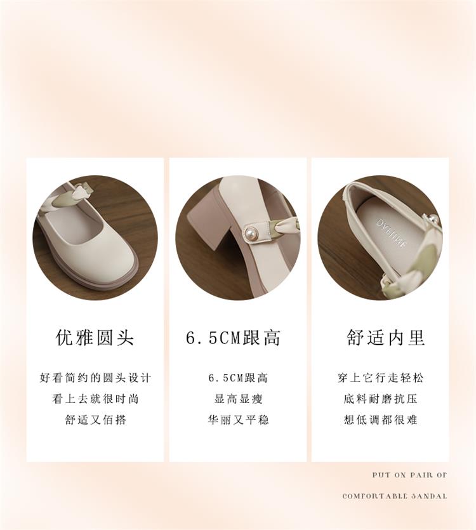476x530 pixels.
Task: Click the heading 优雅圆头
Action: (x=95, y=338)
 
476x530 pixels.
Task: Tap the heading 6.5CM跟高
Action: (x=234, y=338)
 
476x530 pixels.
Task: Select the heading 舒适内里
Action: (x=386, y=338)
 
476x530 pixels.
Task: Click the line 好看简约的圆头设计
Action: (x=95, y=378)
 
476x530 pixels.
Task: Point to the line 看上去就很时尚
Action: (x=95, y=399)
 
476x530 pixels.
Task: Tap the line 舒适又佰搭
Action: (x=96, y=420)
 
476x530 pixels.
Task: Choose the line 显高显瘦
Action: (x=238, y=399)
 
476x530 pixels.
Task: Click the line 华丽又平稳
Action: (x=238, y=420)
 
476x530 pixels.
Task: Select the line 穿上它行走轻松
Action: (x=380, y=378)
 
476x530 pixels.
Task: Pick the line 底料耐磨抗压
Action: (x=380, y=399)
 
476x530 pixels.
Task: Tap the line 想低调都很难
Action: (x=380, y=420)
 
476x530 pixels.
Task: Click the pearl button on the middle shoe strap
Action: (x=249, y=233)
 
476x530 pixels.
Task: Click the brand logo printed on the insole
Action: (x=392, y=233)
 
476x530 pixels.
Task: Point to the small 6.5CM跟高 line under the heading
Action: (x=238, y=378)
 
